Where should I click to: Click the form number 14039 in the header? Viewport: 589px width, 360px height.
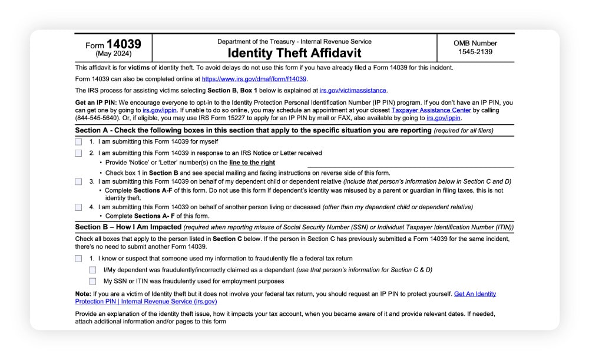(124, 44)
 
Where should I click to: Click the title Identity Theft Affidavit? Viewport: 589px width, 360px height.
(294, 53)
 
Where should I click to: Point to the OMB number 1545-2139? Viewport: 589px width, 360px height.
(475, 52)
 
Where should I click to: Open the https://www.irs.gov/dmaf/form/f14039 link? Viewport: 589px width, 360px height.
(254, 79)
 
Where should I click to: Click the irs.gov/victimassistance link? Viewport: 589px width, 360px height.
(353, 90)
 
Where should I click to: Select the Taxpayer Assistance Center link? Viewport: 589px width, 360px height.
(431, 110)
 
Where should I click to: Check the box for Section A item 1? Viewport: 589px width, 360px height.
(78, 141)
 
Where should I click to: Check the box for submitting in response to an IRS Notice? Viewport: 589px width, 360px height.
(78, 153)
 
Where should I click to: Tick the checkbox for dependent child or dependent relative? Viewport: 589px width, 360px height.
(78, 182)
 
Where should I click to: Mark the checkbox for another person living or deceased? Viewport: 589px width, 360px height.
(78, 207)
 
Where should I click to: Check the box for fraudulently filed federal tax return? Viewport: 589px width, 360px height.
(78, 259)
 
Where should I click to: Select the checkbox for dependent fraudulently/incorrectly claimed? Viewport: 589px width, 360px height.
(92, 270)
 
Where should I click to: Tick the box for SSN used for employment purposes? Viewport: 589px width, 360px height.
(92, 281)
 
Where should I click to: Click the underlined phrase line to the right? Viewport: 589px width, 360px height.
(252, 163)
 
